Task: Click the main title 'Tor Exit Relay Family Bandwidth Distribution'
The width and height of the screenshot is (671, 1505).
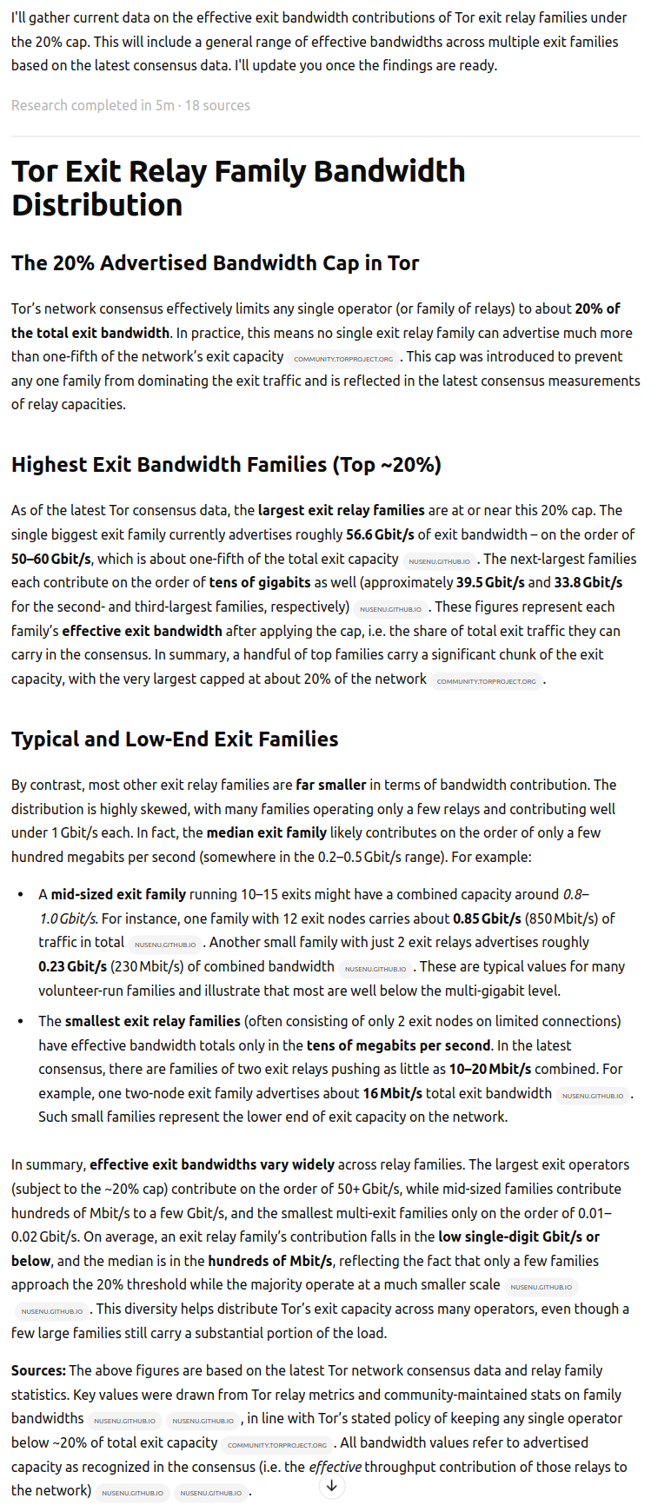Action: coord(238,188)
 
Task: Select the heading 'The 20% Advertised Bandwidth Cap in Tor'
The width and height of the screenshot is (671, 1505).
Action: coord(215,263)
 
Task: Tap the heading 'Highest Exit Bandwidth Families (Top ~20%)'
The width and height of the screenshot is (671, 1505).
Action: coord(226,465)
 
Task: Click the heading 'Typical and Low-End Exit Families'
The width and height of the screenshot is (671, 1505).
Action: coord(175,739)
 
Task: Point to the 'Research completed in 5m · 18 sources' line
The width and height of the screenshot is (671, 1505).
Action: coord(130,105)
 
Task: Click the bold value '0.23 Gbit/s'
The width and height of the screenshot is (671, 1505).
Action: coord(72,966)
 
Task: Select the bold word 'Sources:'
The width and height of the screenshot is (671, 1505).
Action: coord(38,1370)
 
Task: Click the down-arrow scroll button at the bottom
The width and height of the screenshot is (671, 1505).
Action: coord(331,1486)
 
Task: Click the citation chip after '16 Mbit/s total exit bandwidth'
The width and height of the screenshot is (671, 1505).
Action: coord(592,1095)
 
